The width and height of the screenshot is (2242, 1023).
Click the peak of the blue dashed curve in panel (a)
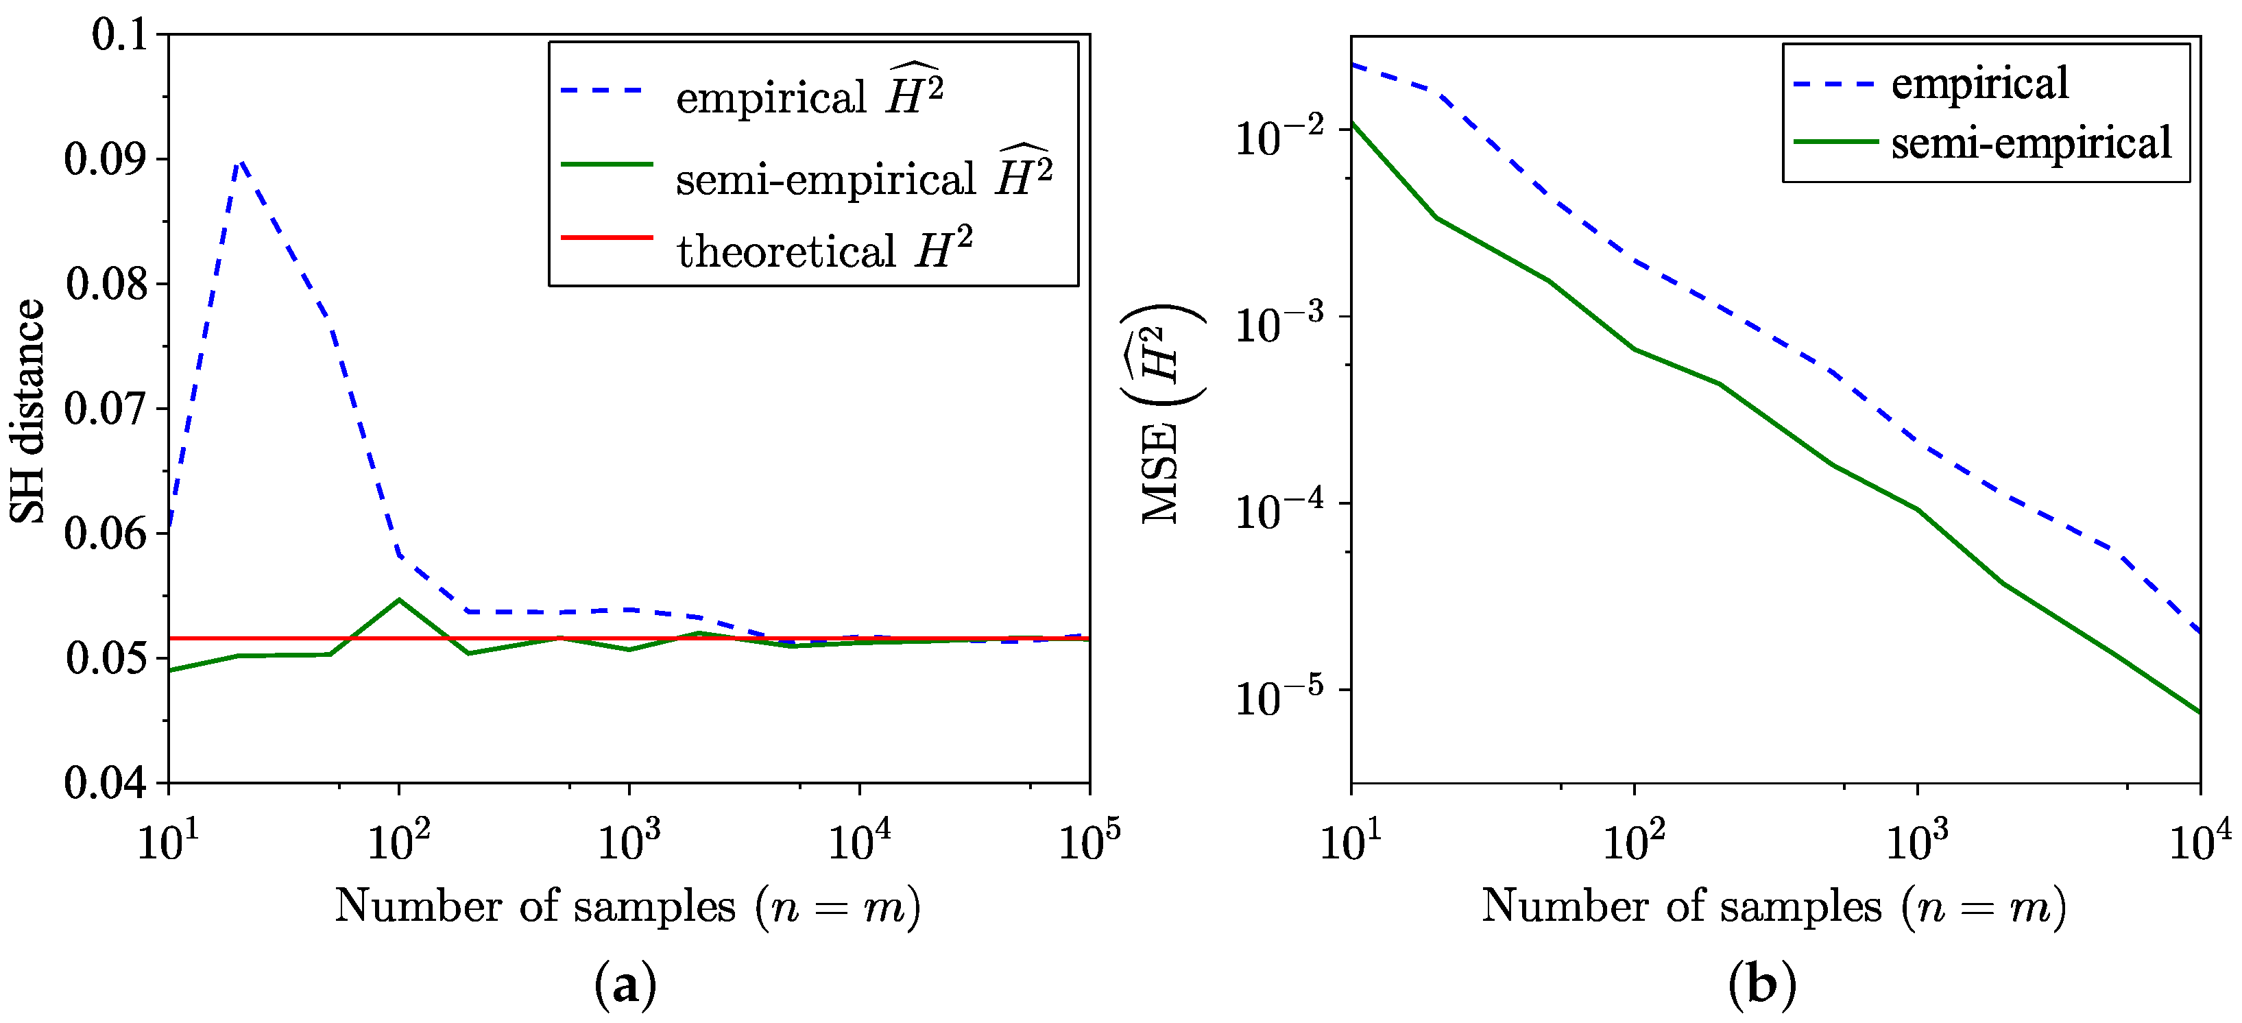tap(239, 161)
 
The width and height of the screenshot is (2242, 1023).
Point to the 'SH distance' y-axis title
tap(28, 410)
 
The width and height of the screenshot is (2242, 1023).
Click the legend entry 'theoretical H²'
tap(823, 250)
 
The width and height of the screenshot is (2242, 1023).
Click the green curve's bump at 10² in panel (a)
tap(398, 600)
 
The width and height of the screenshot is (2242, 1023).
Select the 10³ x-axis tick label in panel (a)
tap(629, 840)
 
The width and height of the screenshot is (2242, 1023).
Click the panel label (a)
tap(625, 985)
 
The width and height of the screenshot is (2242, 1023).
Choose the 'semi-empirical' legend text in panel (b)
tap(2031, 142)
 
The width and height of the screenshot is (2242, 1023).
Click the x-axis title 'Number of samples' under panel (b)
tap(1773, 906)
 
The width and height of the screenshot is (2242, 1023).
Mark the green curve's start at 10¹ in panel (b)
tap(1353, 123)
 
